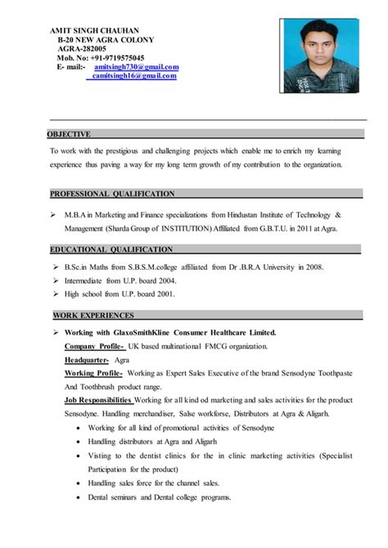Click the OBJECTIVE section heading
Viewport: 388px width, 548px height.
pos(70,133)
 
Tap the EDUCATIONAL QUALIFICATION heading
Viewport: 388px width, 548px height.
pos(112,249)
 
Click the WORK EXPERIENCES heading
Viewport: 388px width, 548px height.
pos(93,315)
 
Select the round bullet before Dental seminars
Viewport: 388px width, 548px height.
pos(78,496)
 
